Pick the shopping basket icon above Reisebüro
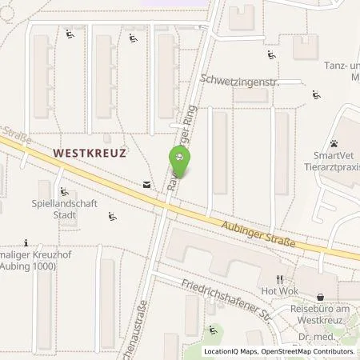[322, 295]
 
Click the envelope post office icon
[147, 185]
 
